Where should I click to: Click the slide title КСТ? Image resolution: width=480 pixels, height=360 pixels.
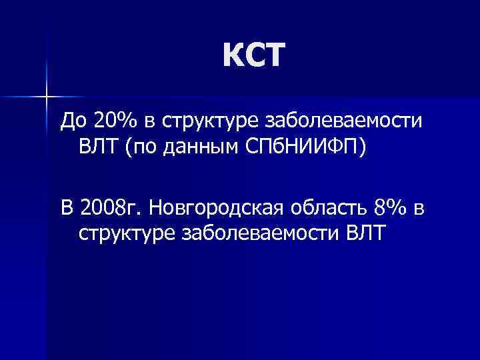pyautogui.click(x=254, y=55)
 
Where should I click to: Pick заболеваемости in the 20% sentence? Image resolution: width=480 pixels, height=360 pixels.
pyautogui.click(x=344, y=121)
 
